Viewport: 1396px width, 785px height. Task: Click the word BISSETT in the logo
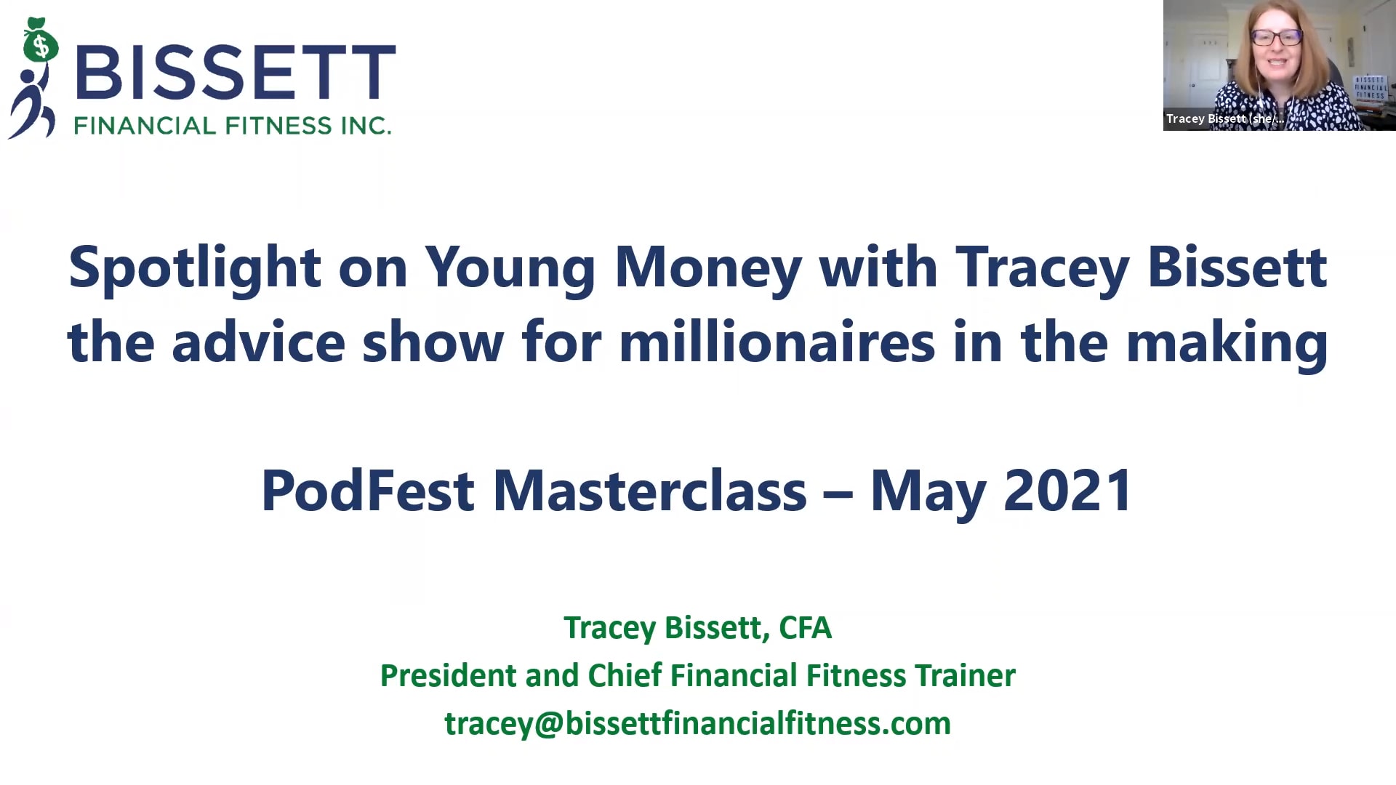pos(235,72)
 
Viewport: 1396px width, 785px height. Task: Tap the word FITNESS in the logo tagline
pos(278,126)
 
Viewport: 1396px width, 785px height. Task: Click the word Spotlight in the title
pos(194,268)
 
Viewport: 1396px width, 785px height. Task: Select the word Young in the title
pos(510,268)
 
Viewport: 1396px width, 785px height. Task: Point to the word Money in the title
pos(707,268)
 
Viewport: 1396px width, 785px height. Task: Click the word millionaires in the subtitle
pos(777,343)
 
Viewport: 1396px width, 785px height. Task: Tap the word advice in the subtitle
pos(258,343)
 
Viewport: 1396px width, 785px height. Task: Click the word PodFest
pos(367,491)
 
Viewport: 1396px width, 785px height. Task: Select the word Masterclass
pos(649,491)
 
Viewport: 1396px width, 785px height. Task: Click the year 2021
pos(1067,491)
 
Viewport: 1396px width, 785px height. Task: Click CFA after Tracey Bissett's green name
pos(805,628)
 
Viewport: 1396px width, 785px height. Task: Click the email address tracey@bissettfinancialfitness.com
pos(697,724)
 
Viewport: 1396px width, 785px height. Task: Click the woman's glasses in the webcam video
pos(1276,37)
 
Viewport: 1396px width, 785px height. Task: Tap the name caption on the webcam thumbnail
pos(1224,118)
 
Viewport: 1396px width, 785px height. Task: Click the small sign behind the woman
pos(1370,87)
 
